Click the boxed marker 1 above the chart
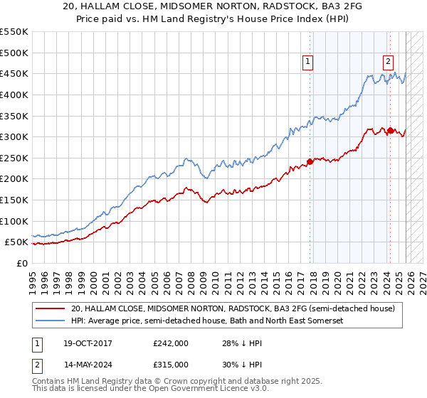tap(308, 62)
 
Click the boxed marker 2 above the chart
tap(389, 62)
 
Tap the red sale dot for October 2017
tap(310, 161)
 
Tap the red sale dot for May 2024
tap(390, 130)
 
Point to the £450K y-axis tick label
tap(14, 73)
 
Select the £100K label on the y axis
tap(14, 221)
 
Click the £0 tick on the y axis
tap(22, 263)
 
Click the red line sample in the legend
tap(51, 308)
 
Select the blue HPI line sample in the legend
tap(51, 321)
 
